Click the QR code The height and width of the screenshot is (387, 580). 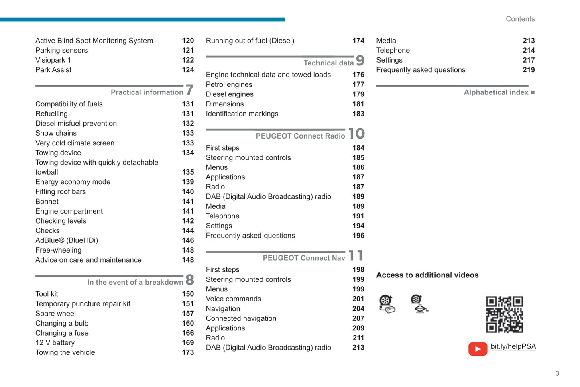(x=504, y=314)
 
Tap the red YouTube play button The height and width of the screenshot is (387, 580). (x=478, y=349)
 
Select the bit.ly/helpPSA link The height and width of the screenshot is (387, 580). (x=513, y=346)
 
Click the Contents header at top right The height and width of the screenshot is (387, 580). (x=520, y=19)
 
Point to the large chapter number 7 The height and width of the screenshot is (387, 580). (x=189, y=90)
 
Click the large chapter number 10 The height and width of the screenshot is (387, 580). (x=356, y=134)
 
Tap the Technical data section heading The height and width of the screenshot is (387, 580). (x=328, y=63)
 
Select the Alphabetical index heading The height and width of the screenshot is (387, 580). (x=496, y=92)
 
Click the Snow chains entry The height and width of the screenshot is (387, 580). (x=56, y=133)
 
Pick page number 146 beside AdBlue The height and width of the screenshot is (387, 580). (x=188, y=240)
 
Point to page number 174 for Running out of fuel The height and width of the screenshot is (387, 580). (x=358, y=41)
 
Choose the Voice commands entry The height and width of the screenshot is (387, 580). (x=233, y=299)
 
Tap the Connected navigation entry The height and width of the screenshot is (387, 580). (x=241, y=318)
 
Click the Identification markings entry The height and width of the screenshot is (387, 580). (x=242, y=114)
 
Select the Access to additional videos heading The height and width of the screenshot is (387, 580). (x=427, y=275)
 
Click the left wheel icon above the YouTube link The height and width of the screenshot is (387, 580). (x=387, y=304)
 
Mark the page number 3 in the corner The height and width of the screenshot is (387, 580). (x=557, y=373)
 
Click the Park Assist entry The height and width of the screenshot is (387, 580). (x=53, y=70)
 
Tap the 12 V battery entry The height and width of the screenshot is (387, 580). (x=55, y=343)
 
